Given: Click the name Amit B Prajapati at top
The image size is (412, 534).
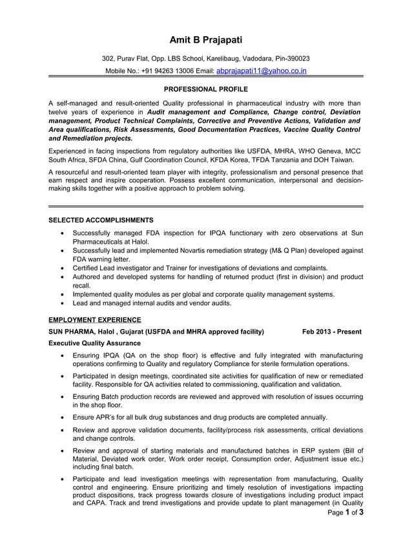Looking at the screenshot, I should point(206,40).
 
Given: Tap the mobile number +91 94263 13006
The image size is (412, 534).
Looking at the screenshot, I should point(165,71).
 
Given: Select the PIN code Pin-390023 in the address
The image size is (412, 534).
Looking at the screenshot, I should point(293,58).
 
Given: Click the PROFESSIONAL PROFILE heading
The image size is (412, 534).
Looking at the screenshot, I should point(206,89).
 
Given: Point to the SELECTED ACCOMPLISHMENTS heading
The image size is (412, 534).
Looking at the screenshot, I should point(101,220).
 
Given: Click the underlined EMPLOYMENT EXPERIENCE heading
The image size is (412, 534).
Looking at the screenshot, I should point(95,319).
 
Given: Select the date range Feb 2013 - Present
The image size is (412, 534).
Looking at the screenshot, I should point(331,332).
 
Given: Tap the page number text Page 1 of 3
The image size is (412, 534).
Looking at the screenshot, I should point(345,513).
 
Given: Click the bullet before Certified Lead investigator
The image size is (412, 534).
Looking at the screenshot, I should point(61,268).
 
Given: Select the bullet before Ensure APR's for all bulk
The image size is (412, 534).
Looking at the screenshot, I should point(61,417).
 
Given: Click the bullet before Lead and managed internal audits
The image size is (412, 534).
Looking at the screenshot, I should point(61,303).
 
